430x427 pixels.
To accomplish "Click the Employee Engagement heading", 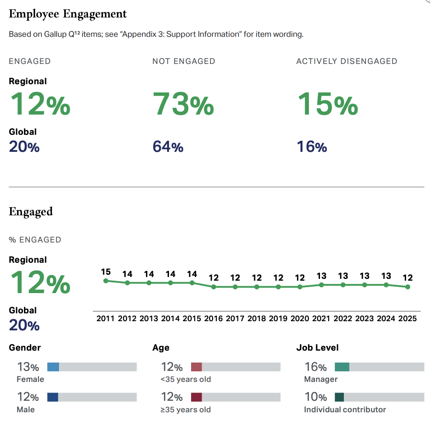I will (68, 14).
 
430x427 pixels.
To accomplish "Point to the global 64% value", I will (168, 147).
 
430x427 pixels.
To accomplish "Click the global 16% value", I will (312, 147).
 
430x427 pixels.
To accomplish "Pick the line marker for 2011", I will (106, 281).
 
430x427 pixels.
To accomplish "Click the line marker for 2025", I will (407, 287).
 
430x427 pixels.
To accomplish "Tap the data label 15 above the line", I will (106, 272).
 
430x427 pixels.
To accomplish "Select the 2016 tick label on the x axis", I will (214, 318).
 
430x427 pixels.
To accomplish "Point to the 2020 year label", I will (300, 318).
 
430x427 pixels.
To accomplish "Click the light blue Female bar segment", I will (53, 367).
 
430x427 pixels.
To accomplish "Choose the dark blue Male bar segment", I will (52, 397).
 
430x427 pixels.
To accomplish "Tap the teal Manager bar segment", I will (342, 367).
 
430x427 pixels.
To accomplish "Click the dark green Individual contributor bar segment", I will (339, 397).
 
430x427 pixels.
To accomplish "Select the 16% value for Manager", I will (315, 367).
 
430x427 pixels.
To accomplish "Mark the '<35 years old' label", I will (186, 379).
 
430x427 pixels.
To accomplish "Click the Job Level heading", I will (317, 348).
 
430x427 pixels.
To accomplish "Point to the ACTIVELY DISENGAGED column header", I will (346, 61).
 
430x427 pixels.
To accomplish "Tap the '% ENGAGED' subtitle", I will (35, 240).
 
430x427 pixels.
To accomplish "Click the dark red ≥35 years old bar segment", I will (196, 397).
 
